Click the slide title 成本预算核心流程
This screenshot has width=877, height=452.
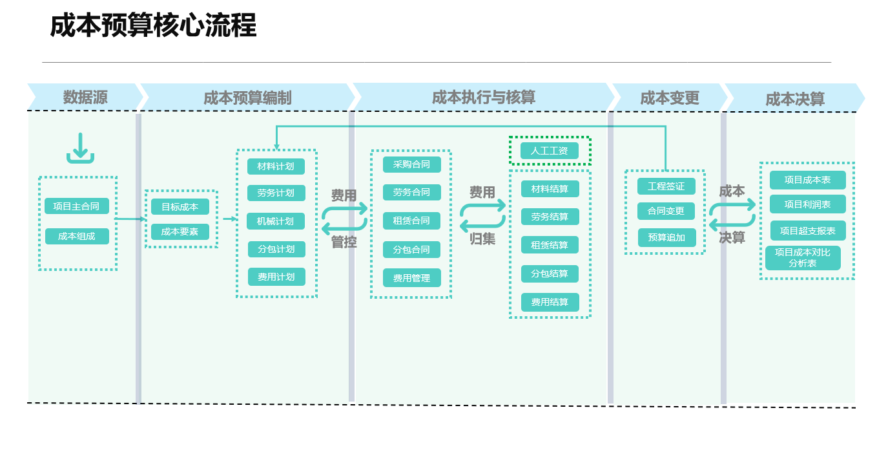pos(153,27)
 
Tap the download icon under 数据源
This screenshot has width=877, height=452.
pos(80,148)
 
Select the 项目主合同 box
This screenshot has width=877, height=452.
pos(77,207)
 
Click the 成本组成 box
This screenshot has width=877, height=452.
pos(77,237)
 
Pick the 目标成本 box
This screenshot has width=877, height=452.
pos(180,207)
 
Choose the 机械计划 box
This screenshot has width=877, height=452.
pos(276,221)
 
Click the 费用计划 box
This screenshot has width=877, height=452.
pos(276,277)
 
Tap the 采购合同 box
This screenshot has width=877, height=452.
pos(411,164)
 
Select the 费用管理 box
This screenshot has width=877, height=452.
pos(411,278)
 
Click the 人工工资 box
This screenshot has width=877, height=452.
pos(550,151)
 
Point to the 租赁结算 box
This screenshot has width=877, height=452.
pos(550,245)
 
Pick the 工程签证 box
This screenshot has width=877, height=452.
pos(666,186)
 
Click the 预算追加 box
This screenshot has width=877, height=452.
pos(666,237)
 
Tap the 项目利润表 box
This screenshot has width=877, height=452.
pos(807,204)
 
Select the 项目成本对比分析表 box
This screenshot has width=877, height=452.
pos(803,257)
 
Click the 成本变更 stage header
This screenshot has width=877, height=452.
pos(670,98)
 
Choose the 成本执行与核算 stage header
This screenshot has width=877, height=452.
pos(483,97)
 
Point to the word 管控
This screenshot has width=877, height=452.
pos(344,242)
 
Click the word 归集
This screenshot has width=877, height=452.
pos(482,238)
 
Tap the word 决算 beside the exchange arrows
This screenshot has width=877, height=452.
pos(732,237)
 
